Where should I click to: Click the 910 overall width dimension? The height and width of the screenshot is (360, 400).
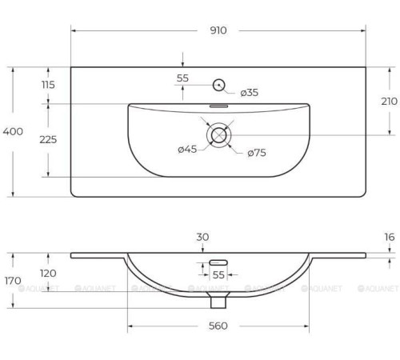[218, 30]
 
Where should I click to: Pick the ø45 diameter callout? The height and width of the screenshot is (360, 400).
[187, 149]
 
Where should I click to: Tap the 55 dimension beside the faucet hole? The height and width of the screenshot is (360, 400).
[182, 78]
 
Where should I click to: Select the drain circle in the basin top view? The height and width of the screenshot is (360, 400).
[218, 135]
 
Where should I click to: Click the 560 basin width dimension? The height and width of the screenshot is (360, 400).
[218, 326]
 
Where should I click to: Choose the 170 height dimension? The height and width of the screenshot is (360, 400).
[14, 281]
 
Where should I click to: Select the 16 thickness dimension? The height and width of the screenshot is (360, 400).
[390, 238]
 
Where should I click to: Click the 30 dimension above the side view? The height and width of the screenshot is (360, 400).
[202, 237]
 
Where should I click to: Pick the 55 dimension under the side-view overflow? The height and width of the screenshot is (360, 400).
[218, 275]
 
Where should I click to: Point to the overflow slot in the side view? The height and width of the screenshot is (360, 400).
[218, 262]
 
